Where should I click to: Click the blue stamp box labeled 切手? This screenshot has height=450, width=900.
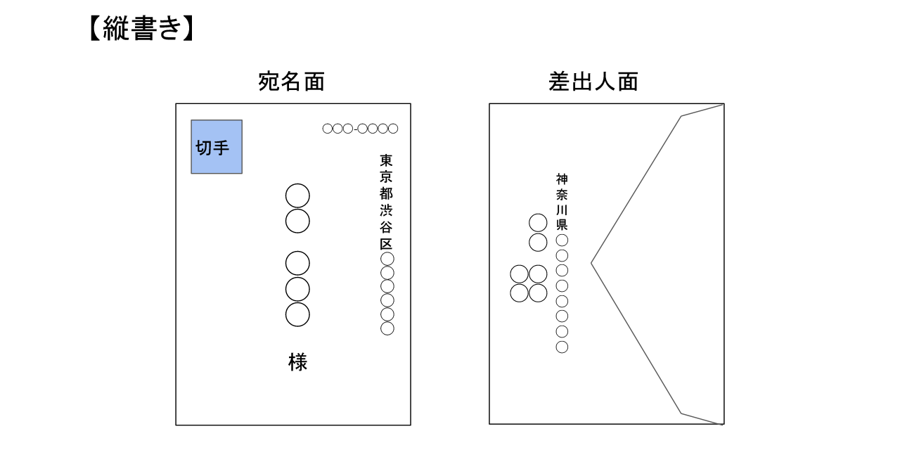217,146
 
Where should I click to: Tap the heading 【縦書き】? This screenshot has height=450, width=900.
140,29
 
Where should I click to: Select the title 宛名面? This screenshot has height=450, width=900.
291,82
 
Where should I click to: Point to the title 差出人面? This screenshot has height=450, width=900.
593,82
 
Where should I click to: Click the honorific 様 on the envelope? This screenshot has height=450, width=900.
297,362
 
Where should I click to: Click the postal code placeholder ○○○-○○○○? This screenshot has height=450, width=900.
360,129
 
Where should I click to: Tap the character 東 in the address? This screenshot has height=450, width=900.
387,160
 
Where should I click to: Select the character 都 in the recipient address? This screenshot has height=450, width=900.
387,194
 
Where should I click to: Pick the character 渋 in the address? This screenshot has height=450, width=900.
387,211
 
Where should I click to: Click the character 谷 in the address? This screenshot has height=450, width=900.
387,228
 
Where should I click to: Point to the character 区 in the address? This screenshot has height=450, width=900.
387,244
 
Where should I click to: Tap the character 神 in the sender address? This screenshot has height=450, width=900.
562,179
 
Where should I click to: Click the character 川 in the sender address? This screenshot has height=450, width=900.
562,210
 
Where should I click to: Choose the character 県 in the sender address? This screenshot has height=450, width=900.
562,225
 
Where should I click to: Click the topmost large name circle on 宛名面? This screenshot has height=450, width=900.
297,195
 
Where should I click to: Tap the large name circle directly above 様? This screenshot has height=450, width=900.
297,314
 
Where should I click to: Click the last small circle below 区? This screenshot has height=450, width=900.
387,328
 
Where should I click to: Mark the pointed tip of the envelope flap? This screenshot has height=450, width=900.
592,263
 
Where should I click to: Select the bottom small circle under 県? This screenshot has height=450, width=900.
562,347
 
